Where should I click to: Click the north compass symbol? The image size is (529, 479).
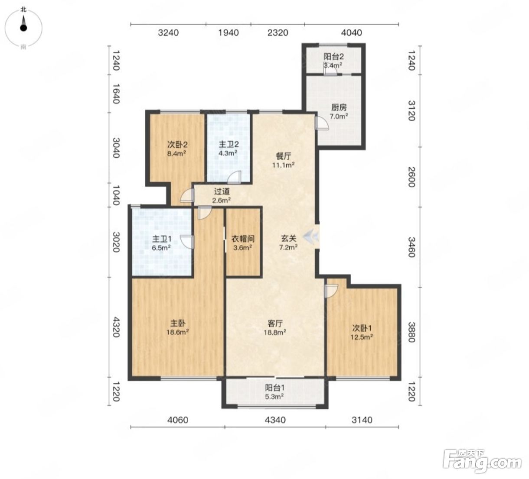[23, 28]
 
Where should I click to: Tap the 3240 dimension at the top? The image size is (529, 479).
[168, 32]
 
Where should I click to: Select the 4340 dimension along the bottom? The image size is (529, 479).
[275, 420]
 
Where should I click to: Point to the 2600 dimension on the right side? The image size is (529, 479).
[411, 177]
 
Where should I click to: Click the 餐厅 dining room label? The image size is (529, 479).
[284, 156]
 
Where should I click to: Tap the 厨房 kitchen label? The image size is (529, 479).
[339, 107]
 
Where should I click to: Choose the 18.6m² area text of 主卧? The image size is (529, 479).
[177, 332]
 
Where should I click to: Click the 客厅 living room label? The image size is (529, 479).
[275, 323]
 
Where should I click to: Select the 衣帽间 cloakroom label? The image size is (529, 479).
[243, 239]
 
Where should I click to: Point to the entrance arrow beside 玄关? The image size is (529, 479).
[311, 236]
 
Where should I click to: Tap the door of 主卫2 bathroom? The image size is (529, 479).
[235, 177]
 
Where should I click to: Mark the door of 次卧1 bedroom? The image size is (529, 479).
[331, 291]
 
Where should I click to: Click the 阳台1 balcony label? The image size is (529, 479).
[275, 388]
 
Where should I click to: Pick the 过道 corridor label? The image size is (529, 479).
[222, 191]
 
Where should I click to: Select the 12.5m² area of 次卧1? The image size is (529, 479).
[362, 337]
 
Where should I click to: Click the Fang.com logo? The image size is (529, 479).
[482, 461]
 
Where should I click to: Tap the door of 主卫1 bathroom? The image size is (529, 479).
[187, 242]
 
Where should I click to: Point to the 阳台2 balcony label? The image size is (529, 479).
[333, 57]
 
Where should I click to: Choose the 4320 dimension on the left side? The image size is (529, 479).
[116, 327]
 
